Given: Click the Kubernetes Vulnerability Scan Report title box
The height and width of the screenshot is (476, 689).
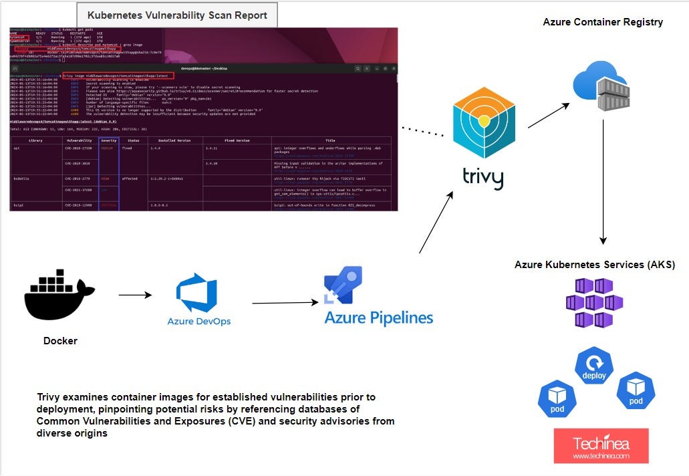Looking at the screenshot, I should click(x=177, y=15).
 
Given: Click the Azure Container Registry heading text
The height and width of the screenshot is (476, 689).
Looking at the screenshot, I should click(x=603, y=22).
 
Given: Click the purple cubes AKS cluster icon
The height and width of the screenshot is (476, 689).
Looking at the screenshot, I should click(x=594, y=302).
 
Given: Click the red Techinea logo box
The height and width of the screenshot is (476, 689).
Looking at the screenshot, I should click(x=601, y=446).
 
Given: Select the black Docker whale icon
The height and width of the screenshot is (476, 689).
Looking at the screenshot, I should click(x=59, y=294).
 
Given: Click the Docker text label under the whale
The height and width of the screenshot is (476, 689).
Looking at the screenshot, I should click(x=60, y=341).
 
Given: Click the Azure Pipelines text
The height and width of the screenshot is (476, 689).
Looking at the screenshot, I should click(x=378, y=317).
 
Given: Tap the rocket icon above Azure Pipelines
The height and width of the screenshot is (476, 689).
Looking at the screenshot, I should click(x=343, y=284).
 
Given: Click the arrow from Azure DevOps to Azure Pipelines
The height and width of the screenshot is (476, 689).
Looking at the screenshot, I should click(x=284, y=303).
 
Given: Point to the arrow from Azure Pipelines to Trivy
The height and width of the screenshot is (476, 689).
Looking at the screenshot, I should click(x=436, y=222).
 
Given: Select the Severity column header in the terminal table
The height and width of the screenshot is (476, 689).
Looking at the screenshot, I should click(x=108, y=140).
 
